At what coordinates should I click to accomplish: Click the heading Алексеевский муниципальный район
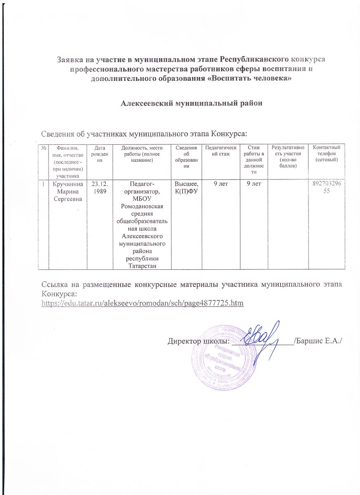[x=191, y=103]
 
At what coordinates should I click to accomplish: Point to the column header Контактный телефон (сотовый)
[x=327, y=153]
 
